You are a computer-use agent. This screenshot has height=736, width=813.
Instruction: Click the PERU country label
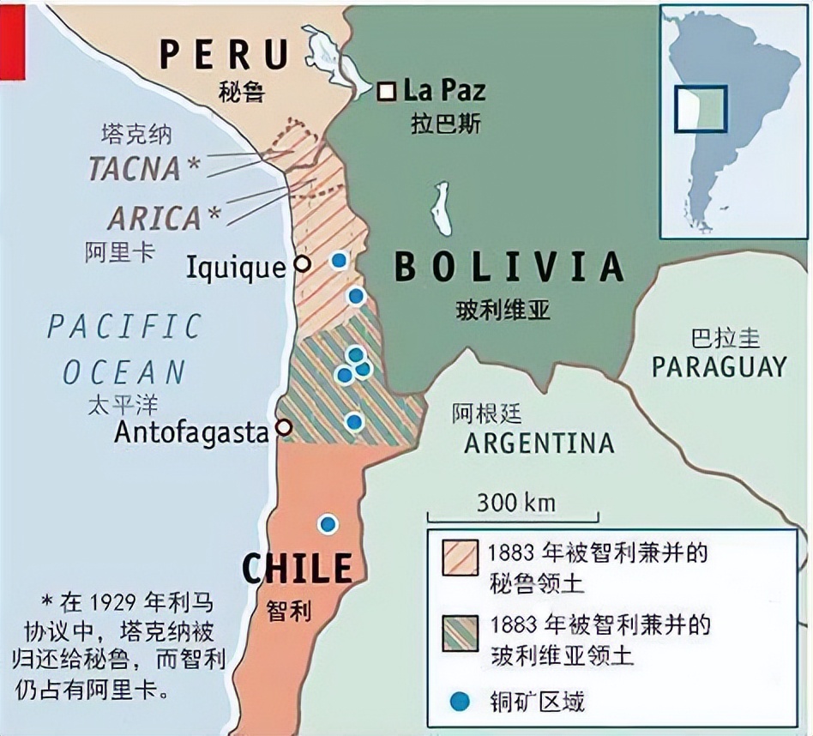[226, 53]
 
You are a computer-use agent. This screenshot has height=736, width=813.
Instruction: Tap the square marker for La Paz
[388, 89]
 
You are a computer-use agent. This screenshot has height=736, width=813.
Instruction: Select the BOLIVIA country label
[508, 267]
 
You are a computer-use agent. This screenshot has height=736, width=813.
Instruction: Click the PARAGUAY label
[719, 366]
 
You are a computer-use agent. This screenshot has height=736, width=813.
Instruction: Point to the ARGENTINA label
[539, 443]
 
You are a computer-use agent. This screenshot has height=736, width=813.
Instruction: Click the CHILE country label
[297, 568]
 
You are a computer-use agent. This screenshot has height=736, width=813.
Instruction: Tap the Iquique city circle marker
[302, 263]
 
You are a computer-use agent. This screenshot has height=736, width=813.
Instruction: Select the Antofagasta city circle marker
[284, 427]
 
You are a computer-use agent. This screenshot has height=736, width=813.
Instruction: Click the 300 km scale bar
[513, 517]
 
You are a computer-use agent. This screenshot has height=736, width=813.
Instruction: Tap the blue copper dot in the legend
[461, 701]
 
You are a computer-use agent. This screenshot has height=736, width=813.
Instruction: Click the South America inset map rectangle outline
[700, 108]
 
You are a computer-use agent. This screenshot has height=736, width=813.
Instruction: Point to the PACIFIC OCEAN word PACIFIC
[124, 327]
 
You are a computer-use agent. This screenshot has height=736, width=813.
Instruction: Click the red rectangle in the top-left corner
[13, 40]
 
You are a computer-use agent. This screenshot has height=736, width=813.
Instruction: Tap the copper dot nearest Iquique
[340, 260]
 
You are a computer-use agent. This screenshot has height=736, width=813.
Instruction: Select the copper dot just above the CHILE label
[328, 524]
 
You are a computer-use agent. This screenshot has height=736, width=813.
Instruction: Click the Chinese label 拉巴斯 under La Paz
[445, 124]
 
